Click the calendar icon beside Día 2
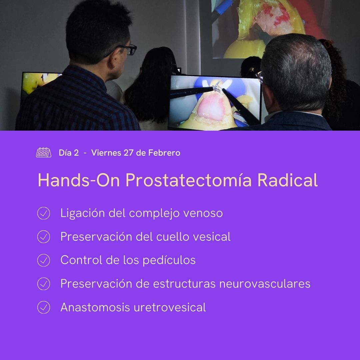tap(43, 153)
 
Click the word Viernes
tap(106, 153)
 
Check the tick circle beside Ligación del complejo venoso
tap(43, 213)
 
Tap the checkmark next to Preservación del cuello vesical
tap(43, 237)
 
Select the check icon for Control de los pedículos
tap(43, 260)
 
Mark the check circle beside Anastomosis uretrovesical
tap(43, 307)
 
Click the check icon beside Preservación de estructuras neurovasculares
tap(43, 284)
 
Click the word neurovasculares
tap(265, 284)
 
